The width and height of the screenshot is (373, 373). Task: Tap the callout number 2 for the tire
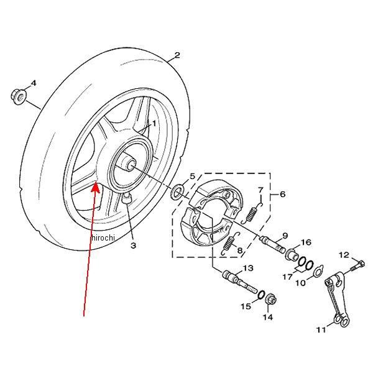(x=177, y=55)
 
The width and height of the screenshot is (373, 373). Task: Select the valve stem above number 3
(x=126, y=198)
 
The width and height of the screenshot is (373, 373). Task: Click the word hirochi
(x=103, y=237)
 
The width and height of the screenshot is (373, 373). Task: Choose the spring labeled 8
(x=230, y=244)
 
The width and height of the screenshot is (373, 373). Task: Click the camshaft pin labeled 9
(x=273, y=244)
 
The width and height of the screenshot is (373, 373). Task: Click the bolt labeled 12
(x=357, y=265)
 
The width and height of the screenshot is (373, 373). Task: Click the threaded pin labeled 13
(x=240, y=282)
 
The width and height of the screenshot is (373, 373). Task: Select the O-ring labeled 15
(x=260, y=294)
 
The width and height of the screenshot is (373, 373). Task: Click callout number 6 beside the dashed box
(x=282, y=195)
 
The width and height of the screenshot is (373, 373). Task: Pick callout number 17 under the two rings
(x=287, y=277)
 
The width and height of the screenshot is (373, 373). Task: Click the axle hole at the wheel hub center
(x=131, y=165)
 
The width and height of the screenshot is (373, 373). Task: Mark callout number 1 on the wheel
(x=154, y=124)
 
